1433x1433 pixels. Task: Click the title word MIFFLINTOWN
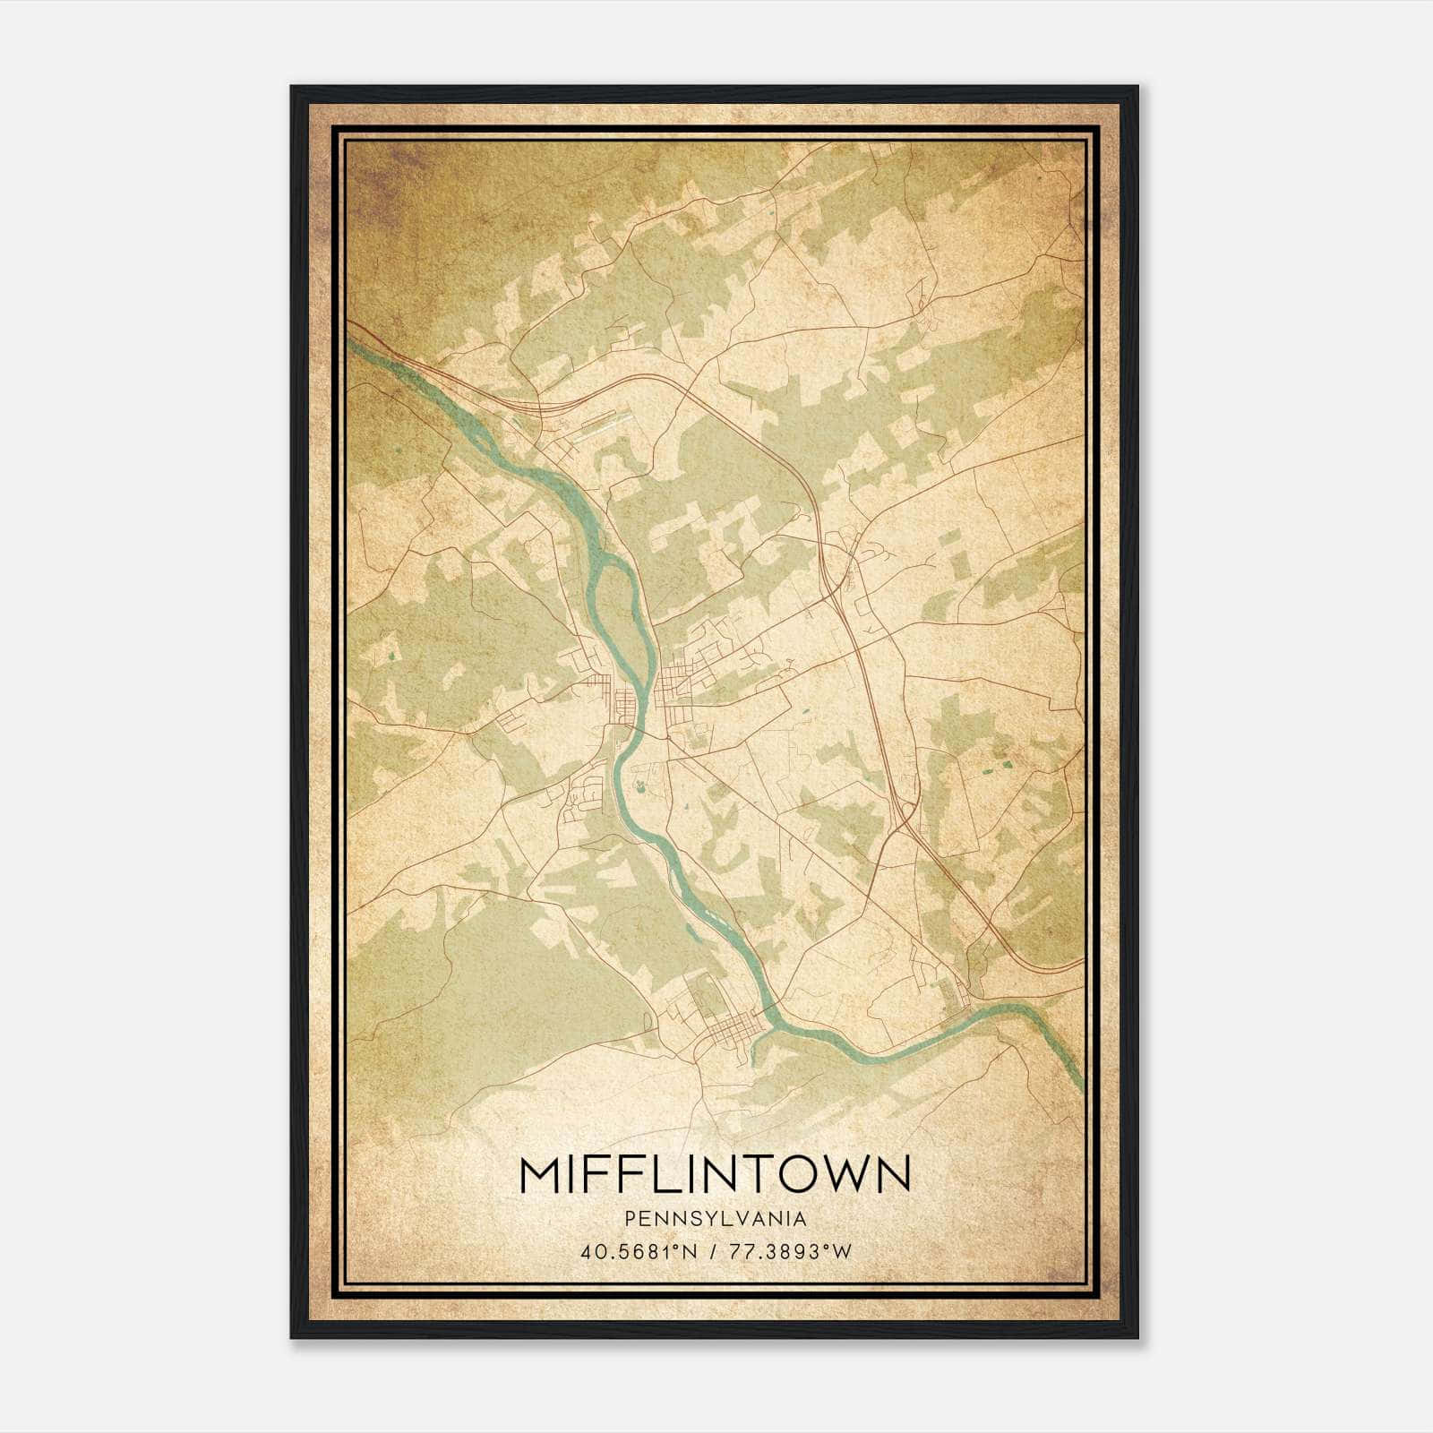(x=715, y=1174)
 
